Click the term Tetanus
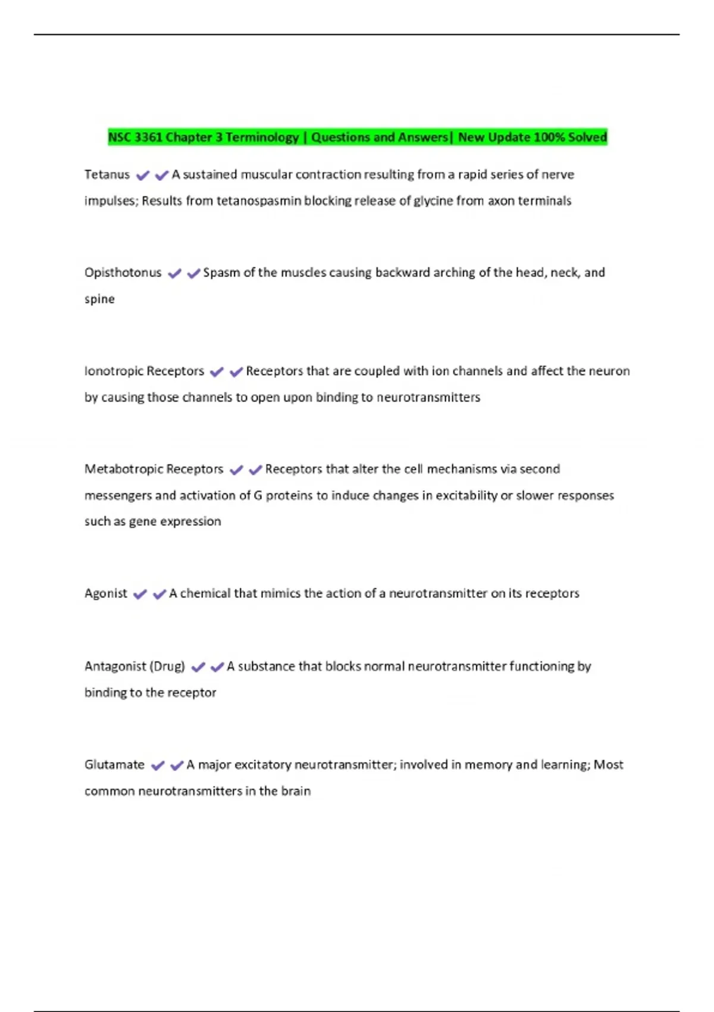(x=107, y=174)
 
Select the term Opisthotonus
(x=123, y=273)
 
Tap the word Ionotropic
(x=113, y=371)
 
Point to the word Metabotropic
(x=123, y=469)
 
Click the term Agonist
(x=105, y=594)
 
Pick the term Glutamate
(x=114, y=764)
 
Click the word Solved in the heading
(x=587, y=138)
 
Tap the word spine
(x=99, y=299)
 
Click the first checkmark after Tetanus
(x=142, y=176)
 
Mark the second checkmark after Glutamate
(x=177, y=766)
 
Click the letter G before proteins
(x=258, y=495)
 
